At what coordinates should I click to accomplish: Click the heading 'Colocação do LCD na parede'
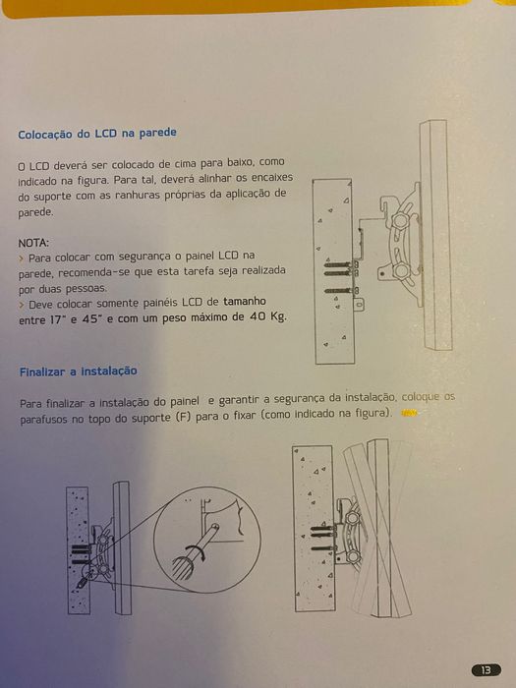pos(97,133)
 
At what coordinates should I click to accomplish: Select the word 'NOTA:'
pos(33,242)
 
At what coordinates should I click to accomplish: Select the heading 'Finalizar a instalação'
pos(78,371)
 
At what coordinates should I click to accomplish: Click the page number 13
pos(485,669)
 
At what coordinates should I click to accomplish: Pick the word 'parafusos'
pos(44,418)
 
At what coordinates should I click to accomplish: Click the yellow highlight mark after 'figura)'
pos(410,414)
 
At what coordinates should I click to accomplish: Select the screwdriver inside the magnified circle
pos(197,554)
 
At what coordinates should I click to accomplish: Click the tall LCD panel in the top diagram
pos(438,236)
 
